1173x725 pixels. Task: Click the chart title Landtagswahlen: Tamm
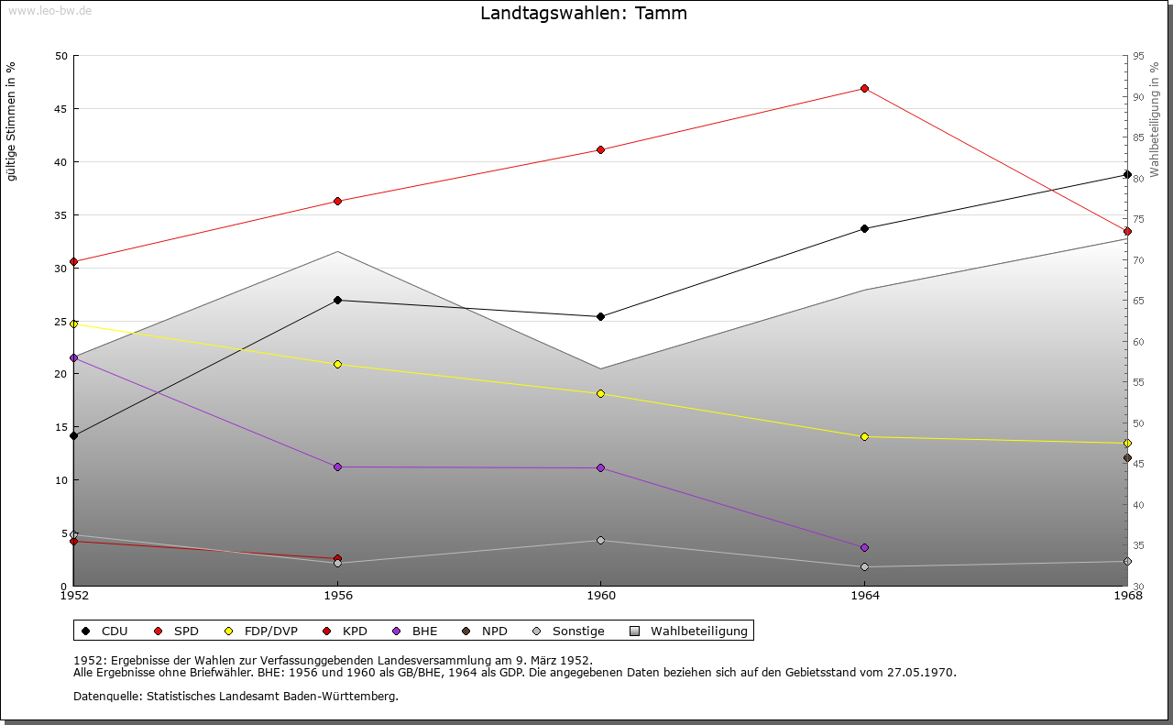584,14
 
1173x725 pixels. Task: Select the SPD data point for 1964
864,88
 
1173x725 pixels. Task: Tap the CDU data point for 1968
1127,174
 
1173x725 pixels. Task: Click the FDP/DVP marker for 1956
337,364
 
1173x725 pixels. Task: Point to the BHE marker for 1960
600,467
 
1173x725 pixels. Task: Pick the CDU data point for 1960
600,316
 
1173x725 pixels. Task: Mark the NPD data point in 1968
1127,457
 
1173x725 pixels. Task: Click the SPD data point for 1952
74,261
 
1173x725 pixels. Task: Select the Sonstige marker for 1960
600,540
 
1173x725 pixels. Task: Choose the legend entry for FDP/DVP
261,631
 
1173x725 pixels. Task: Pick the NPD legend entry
485,631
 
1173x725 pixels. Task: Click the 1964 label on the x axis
864,596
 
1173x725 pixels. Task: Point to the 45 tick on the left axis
60,109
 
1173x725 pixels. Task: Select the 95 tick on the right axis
1138,56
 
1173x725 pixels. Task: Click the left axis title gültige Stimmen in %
12,121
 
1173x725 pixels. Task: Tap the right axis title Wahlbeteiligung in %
1155,118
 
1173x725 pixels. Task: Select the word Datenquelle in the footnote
104,696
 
